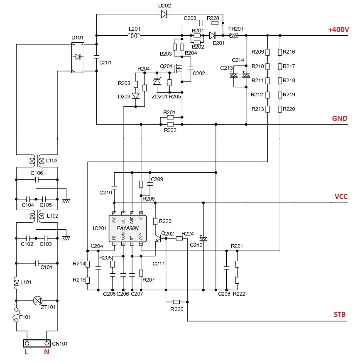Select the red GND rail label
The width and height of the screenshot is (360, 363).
point(340,118)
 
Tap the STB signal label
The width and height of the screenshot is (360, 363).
point(340,315)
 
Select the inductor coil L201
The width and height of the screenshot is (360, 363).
point(134,36)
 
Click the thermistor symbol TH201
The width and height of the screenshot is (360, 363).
point(233,35)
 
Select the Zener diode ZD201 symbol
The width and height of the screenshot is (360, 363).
point(157,82)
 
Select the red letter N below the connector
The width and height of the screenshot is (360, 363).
point(46,354)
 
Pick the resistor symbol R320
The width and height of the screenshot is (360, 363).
point(176,302)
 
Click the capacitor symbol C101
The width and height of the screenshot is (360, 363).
point(37,263)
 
